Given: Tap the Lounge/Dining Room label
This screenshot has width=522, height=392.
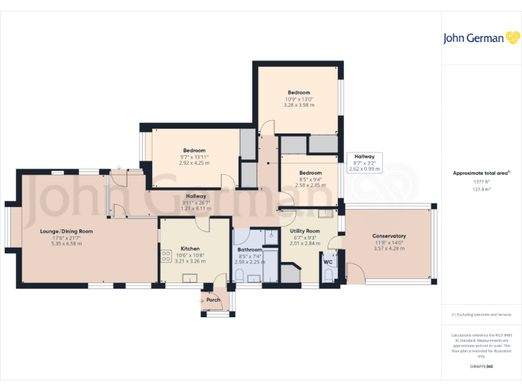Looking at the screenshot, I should (66, 231).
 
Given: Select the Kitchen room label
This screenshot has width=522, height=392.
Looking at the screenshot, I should (190, 249).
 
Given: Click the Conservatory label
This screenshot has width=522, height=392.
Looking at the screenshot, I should (389, 236).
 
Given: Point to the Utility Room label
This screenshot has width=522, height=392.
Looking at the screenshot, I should (304, 231).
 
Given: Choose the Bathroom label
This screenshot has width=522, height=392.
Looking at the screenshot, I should (249, 250).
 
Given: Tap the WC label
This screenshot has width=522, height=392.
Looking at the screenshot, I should (328, 262).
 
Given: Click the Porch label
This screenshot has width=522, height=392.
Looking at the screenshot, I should (213, 300).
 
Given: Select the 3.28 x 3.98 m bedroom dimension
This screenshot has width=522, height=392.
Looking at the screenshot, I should (299, 105).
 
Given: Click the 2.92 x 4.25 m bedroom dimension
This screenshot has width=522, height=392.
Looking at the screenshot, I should (194, 163).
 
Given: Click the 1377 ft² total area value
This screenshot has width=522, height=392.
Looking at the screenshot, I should (481, 182).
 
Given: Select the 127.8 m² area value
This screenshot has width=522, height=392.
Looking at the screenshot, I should (481, 190).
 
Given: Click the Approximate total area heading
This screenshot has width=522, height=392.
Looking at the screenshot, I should (481, 173).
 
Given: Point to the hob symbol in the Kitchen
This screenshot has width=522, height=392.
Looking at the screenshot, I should (165, 256).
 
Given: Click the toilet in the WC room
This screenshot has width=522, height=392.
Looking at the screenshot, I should (328, 276).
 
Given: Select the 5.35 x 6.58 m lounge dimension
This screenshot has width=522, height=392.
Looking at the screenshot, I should (66, 244).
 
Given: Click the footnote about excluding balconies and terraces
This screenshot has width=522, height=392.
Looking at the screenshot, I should (481, 314).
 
